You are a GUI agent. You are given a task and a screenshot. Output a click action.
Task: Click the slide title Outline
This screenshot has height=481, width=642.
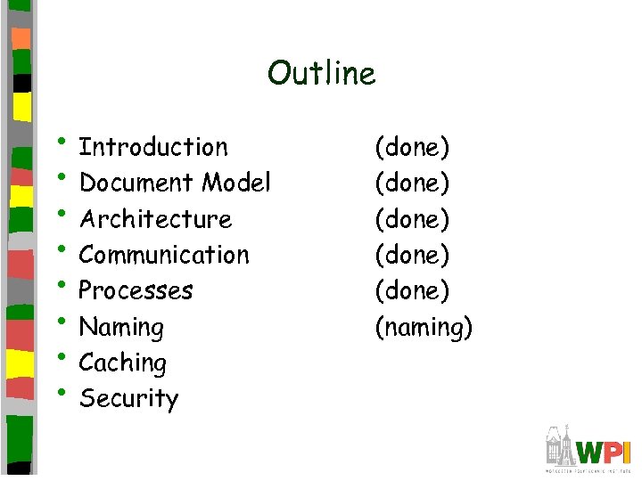coord(321,73)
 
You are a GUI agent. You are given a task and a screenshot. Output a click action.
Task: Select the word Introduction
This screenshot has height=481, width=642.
coord(153,147)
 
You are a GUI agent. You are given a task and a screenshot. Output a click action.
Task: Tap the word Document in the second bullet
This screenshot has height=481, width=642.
coord(136,183)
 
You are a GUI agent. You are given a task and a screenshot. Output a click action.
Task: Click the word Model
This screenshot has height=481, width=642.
coord(236,183)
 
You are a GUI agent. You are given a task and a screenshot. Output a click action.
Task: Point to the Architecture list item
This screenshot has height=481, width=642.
coord(155,219)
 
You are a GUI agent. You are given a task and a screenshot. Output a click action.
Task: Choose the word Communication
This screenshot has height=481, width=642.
coord(164,255)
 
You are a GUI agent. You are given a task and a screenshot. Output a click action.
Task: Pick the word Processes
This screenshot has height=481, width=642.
coord(136,290)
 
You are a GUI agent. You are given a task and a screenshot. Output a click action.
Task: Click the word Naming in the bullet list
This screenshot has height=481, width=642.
coord(121,328)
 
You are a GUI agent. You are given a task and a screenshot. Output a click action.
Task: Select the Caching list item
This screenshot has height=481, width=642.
coord(122,363)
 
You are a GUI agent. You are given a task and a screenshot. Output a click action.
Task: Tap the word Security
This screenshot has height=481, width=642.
coord(128,399)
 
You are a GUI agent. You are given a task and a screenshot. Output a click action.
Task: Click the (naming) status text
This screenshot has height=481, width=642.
coord(423,328)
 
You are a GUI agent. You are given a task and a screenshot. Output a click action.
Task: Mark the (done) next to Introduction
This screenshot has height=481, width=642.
coord(412,147)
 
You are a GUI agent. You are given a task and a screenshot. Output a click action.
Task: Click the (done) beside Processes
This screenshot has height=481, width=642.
coord(412,290)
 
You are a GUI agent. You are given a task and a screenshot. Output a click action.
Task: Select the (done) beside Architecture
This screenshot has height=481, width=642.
coord(412,219)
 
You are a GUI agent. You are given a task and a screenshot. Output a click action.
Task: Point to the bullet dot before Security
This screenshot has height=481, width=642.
coord(65,391)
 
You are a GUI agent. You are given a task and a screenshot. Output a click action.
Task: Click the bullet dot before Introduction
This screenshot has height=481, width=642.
coord(65,140)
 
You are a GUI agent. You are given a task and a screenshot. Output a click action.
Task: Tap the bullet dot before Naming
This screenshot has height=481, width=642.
coord(65,320)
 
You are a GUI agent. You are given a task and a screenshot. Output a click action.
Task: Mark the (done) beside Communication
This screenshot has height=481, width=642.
coord(412,255)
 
